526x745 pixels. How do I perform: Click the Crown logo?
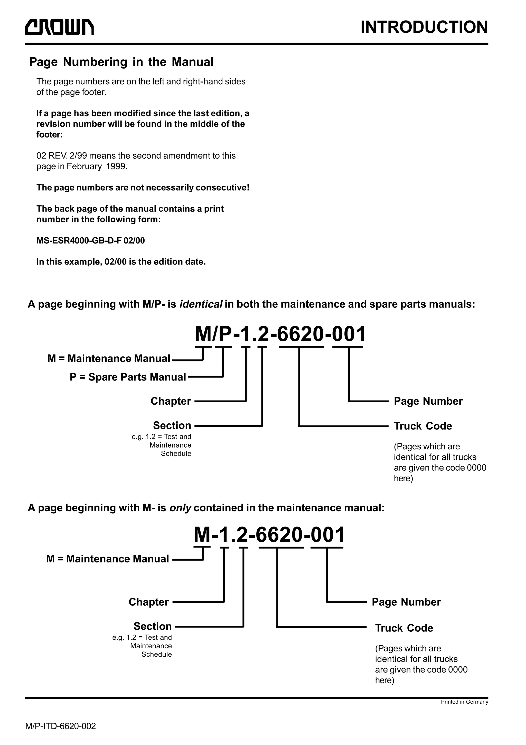60,27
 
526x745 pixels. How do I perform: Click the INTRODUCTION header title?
424,27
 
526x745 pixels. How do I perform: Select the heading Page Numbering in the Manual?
121,62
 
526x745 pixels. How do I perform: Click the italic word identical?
201,304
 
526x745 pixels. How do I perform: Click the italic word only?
181,508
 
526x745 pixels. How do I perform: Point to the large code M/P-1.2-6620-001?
280,334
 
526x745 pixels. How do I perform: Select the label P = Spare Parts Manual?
128,377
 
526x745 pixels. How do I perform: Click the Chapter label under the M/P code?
171,401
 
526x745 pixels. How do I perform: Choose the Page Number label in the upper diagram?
428,401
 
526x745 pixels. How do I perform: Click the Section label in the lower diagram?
153,626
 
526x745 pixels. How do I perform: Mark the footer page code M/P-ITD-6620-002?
61,726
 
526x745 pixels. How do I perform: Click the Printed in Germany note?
464,702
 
